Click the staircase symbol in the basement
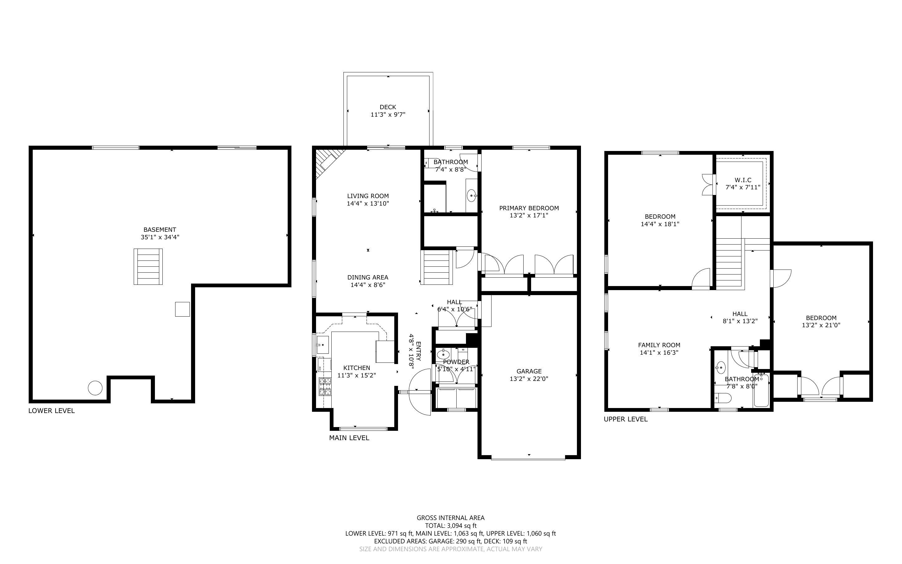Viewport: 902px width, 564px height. point(148,267)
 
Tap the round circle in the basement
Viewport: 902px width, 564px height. point(95,388)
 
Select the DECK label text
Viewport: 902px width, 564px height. point(387,107)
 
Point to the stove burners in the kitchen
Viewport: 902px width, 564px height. point(325,386)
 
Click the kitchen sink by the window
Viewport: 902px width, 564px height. point(322,345)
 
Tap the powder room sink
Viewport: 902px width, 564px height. point(443,354)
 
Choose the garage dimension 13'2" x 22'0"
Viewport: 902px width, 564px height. point(529,379)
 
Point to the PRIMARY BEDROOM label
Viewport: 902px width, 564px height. point(529,208)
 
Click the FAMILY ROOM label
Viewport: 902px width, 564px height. point(659,345)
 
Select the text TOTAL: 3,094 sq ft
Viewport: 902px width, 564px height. point(450,526)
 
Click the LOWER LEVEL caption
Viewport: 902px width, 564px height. point(51,411)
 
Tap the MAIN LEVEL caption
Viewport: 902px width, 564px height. point(349,438)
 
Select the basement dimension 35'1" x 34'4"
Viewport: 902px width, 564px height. point(160,237)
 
